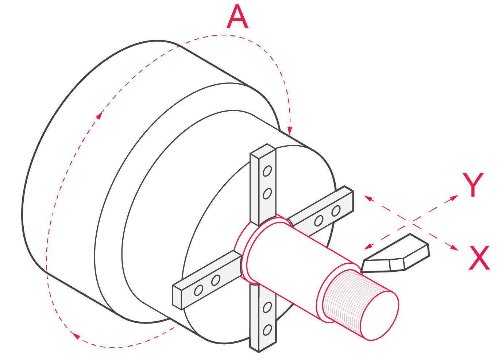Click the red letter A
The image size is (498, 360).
(x=237, y=18)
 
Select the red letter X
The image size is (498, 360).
(x=479, y=258)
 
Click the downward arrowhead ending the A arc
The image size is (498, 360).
(x=290, y=130)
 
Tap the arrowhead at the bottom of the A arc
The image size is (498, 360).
(x=76, y=335)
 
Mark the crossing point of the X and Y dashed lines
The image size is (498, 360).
(x=412, y=221)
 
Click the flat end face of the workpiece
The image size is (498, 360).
(x=379, y=315)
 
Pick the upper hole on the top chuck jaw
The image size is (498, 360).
(x=267, y=171)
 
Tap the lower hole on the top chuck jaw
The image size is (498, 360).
(x=267, y=194)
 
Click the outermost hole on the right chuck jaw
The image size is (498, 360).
(x=336, y=211)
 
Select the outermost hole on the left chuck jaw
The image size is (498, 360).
(x=198, y=290)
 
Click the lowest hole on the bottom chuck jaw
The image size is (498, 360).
(x=267, y=330)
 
